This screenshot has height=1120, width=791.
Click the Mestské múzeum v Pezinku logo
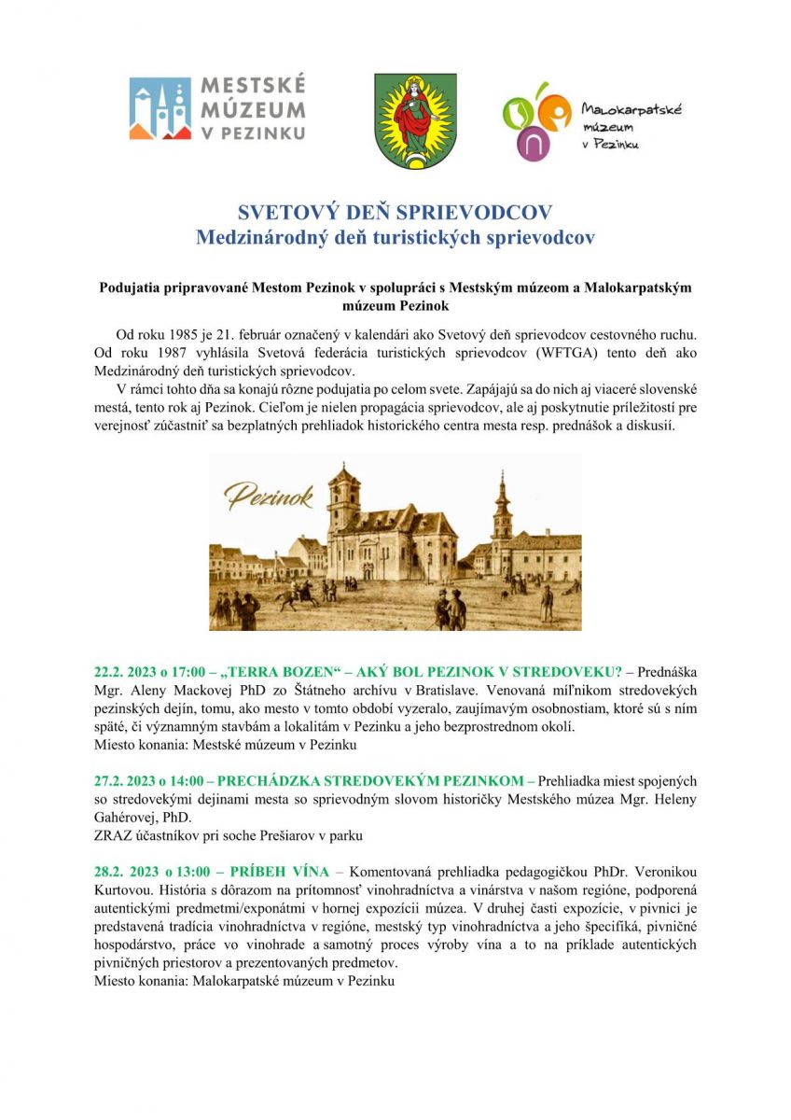[x=216, y=108]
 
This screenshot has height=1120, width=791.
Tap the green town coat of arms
[x=415, y=121]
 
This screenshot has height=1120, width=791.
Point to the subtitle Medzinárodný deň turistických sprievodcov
[x=395, y=237]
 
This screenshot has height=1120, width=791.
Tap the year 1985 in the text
[x=186, y=334]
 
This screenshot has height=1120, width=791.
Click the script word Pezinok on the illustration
[x=269, y=497]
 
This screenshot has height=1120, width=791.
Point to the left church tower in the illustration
[x=342, y=499]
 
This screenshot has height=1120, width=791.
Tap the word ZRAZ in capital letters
[x=113, y=835]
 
